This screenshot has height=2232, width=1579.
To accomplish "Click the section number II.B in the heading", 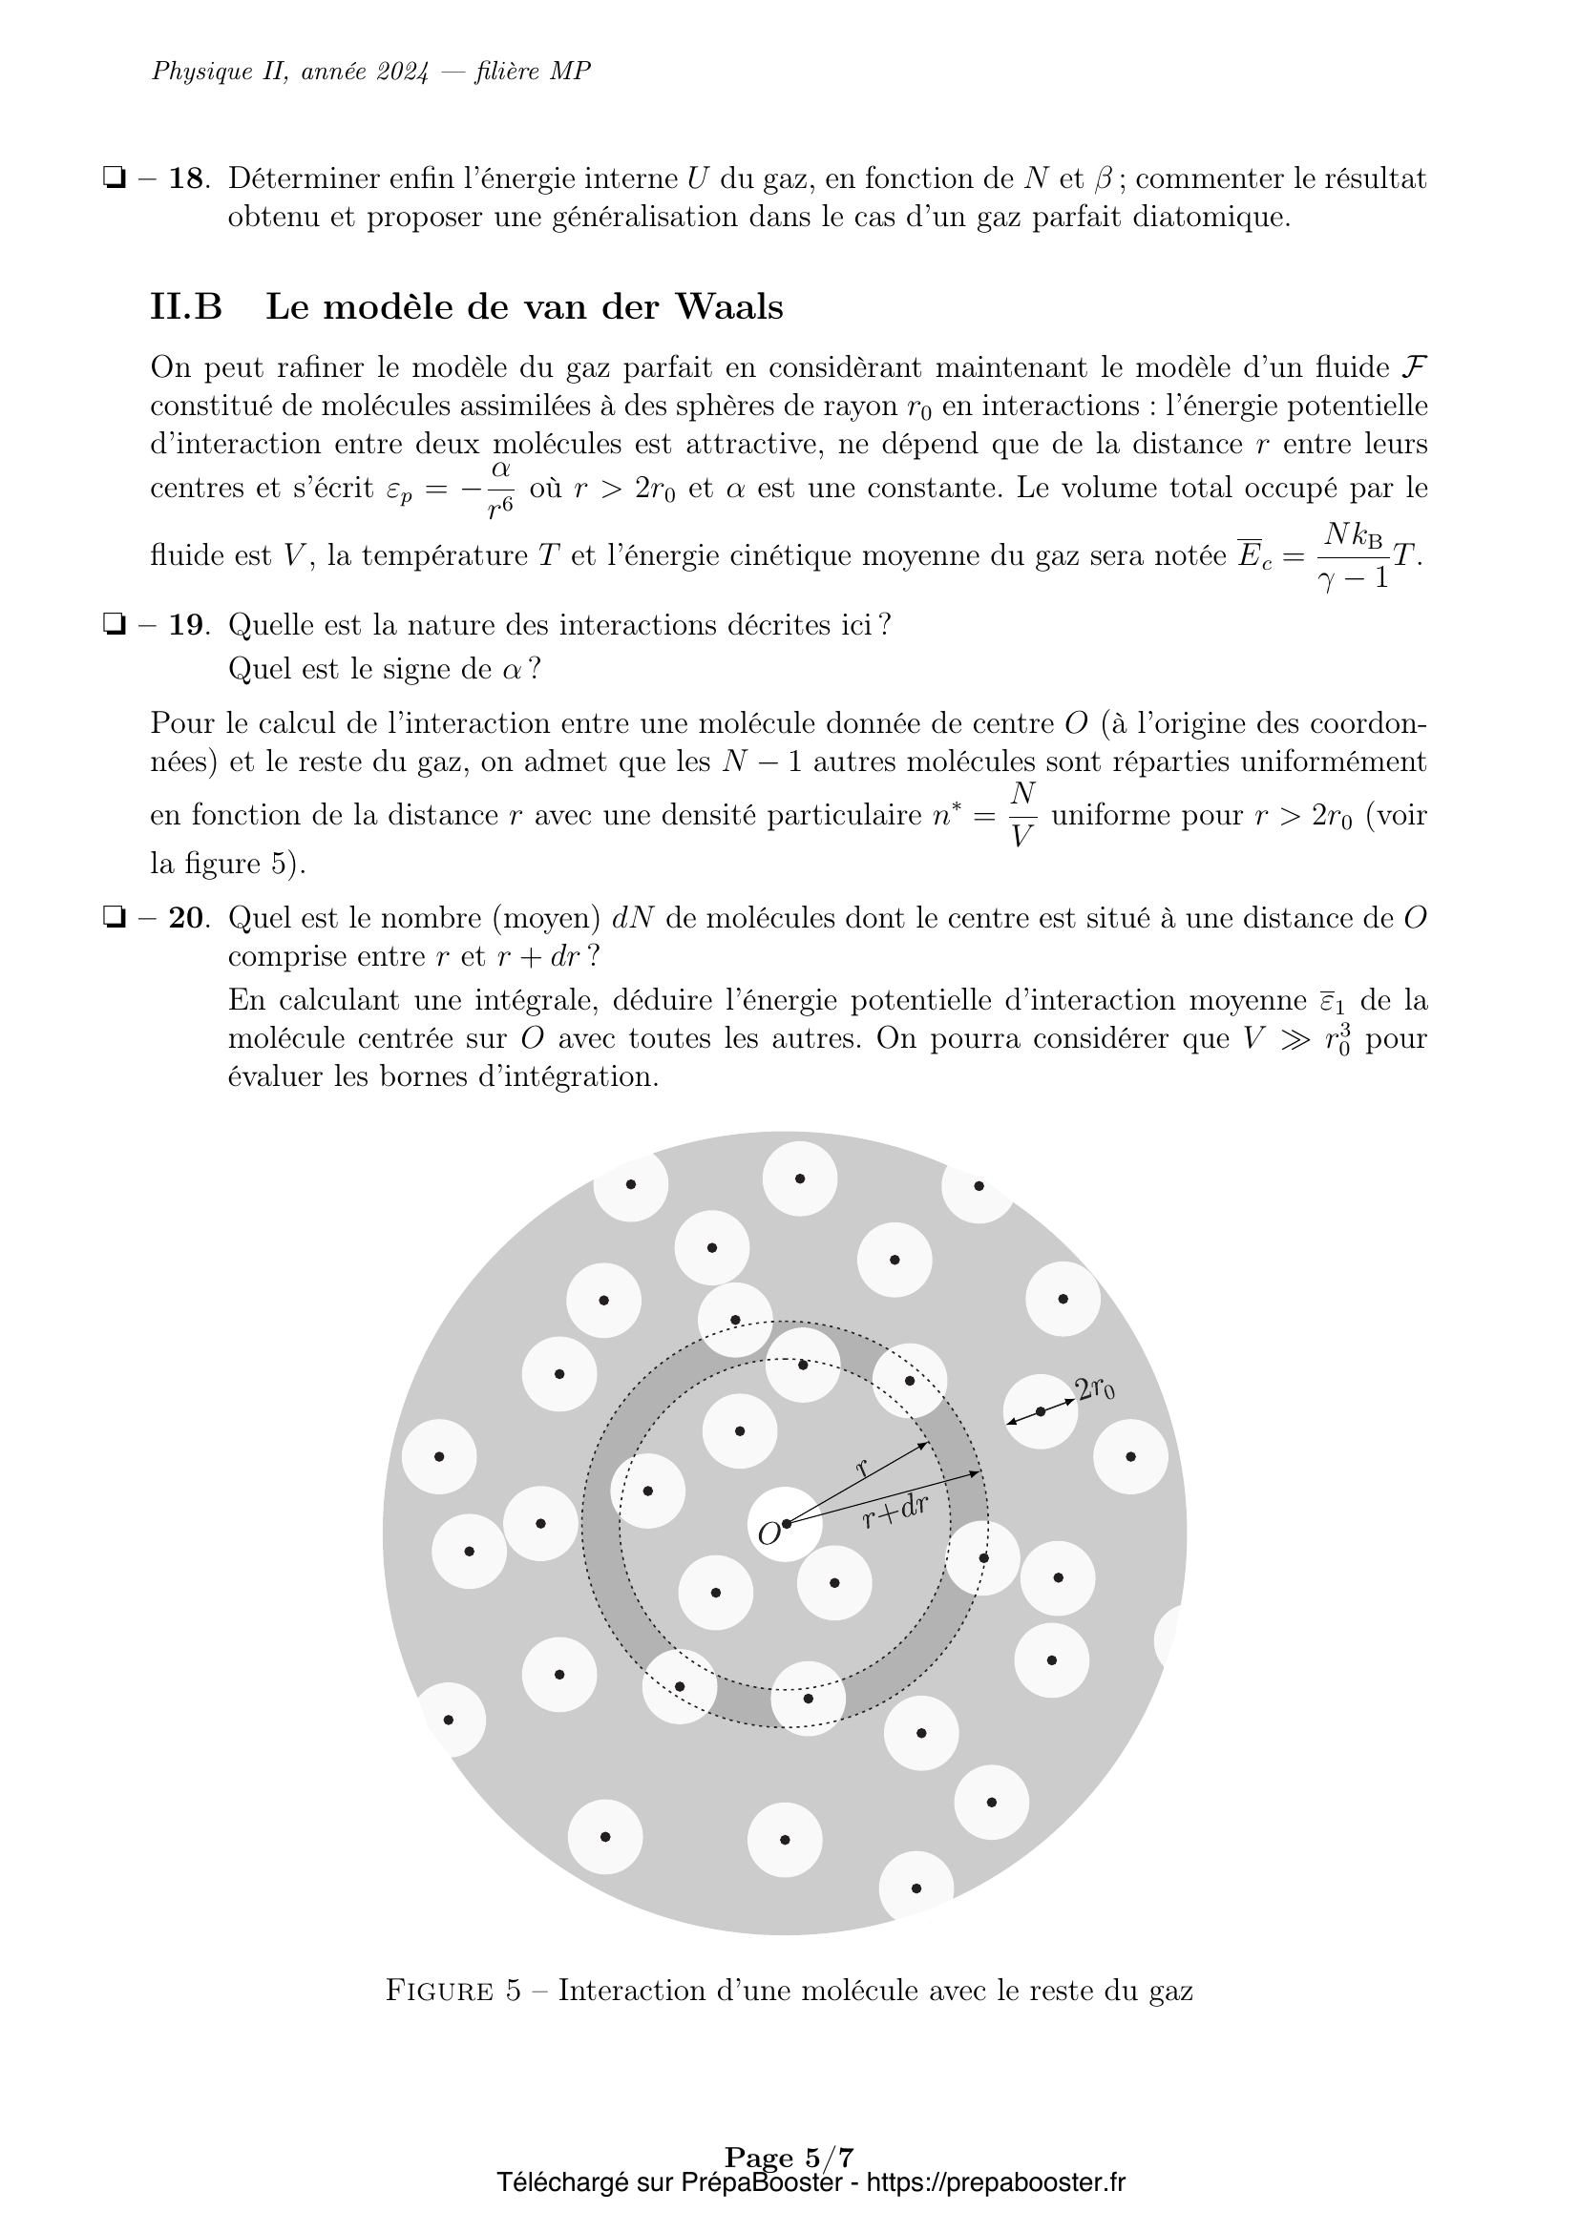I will (186, 307).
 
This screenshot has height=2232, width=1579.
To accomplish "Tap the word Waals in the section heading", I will (728, 307).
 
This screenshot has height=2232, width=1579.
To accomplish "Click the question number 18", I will (189, 178).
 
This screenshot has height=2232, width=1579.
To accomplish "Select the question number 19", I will (189, 624).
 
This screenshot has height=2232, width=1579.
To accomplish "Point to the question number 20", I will (189, 918).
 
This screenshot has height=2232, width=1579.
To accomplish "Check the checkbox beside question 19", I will (115, 625).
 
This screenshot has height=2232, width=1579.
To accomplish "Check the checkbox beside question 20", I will (115, 919).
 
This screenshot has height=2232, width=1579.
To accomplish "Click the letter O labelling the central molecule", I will (768, 1535).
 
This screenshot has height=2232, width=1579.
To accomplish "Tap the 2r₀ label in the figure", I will (1095, 1389).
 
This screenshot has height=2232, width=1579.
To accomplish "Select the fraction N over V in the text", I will (1021, 815).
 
